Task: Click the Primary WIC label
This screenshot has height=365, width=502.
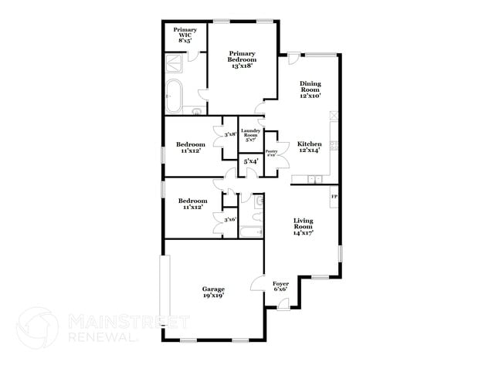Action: pos(185,34)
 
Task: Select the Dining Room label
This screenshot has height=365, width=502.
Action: pos(310,90)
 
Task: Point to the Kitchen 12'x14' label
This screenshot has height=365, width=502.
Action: pos(310,147)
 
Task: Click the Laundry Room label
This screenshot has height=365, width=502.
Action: pos(250,136)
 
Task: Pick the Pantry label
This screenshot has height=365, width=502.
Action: pos(272,154)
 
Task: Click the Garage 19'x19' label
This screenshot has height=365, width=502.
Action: pos(213,292)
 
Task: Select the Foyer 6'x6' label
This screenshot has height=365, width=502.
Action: pos(280,287)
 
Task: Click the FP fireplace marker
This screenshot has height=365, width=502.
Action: pos(334,198)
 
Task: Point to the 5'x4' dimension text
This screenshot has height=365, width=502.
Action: pos(251,162)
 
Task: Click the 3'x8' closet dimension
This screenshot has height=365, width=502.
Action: pos(229,134)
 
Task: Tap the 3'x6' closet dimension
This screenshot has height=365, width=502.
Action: pos(229,220)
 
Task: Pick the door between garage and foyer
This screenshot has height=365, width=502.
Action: pos(264,282)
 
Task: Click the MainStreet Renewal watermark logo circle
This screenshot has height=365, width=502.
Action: pos(37,326)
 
